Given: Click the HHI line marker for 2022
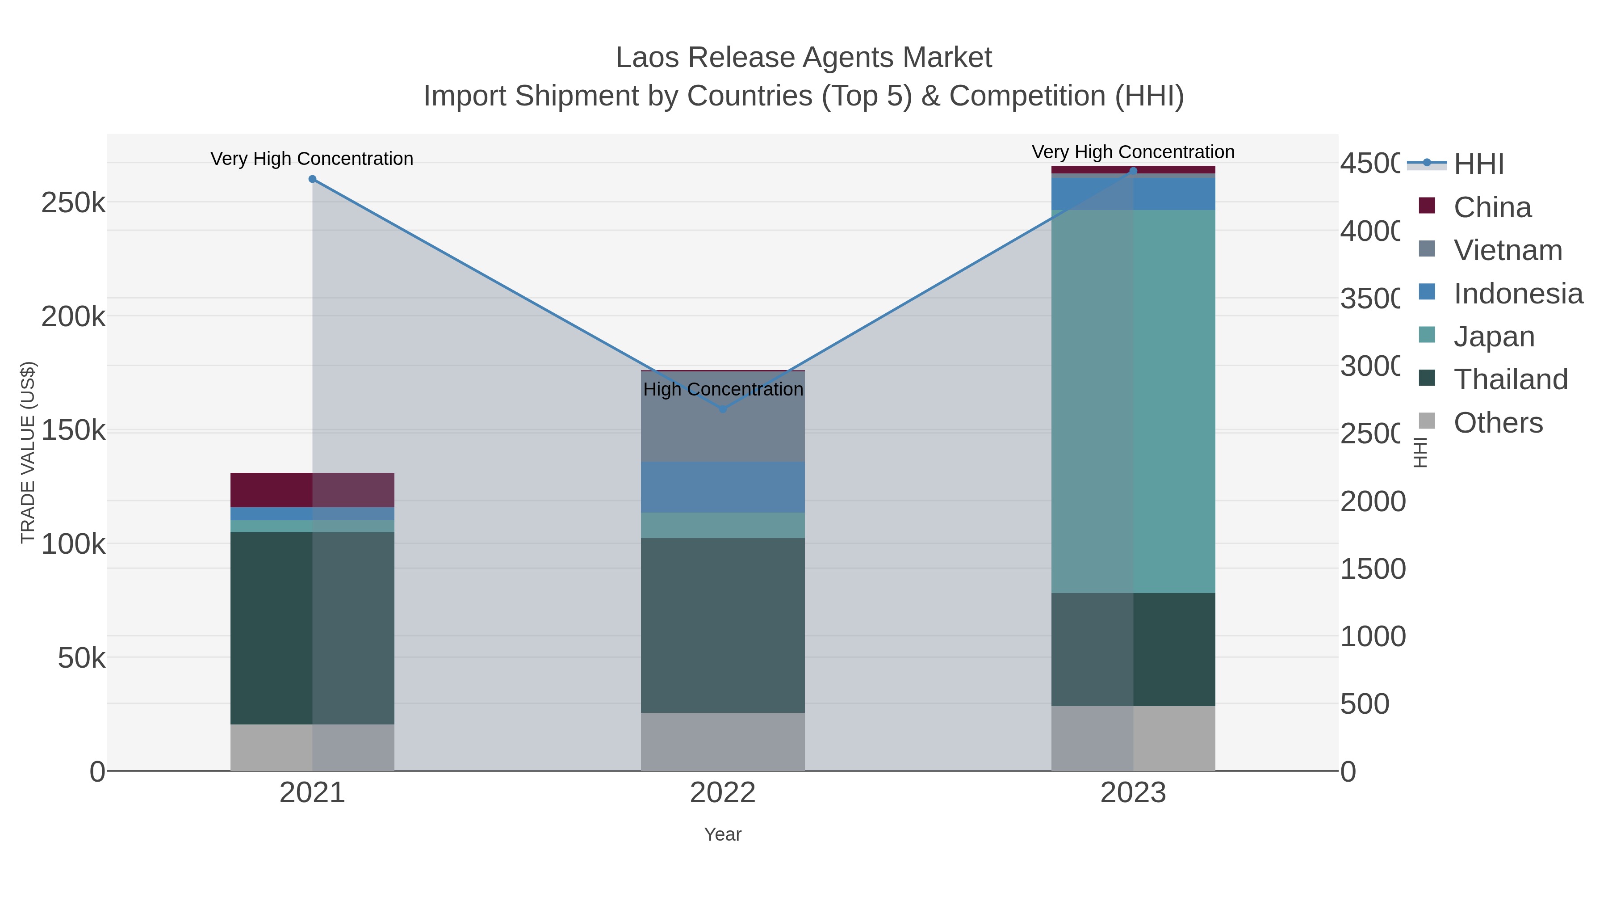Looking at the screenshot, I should point(723,409).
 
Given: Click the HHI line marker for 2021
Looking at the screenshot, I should point(313,179).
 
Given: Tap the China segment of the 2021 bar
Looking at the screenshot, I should point(312,490).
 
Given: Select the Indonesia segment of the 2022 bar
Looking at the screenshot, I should point(723,487).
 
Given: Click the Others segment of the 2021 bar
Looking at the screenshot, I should point(312,748).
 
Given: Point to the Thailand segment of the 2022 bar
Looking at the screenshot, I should point(723,625).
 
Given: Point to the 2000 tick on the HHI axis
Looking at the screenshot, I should point(1372,501).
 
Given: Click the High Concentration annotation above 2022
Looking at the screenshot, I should point(723,389).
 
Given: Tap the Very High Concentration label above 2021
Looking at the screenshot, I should point(312,159).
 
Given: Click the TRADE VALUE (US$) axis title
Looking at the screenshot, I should point(28,452).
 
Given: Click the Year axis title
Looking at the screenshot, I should point(723,834).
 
